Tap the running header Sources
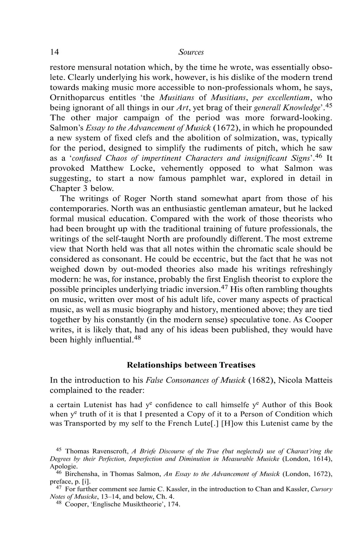tap(191, 52)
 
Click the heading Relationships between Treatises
tap(191, 365)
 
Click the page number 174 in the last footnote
tap(174, 504)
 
